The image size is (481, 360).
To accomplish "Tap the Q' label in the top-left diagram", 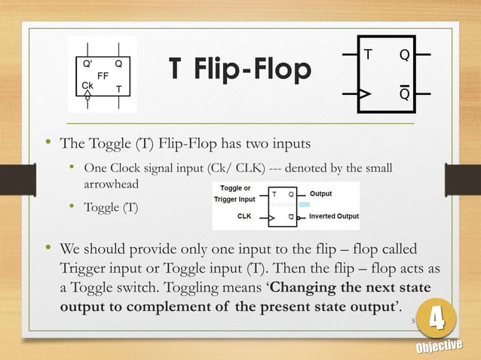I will coord(88,64).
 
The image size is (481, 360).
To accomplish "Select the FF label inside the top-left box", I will coord(103,76).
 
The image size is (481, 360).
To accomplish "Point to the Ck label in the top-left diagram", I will coord(87,87).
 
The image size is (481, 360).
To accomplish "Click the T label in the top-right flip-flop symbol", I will coord(368,55).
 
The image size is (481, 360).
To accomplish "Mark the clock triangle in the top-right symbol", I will coord(363,95).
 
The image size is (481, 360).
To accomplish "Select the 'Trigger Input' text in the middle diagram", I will coord(235,200).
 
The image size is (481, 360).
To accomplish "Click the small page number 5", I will coord(413,319).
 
